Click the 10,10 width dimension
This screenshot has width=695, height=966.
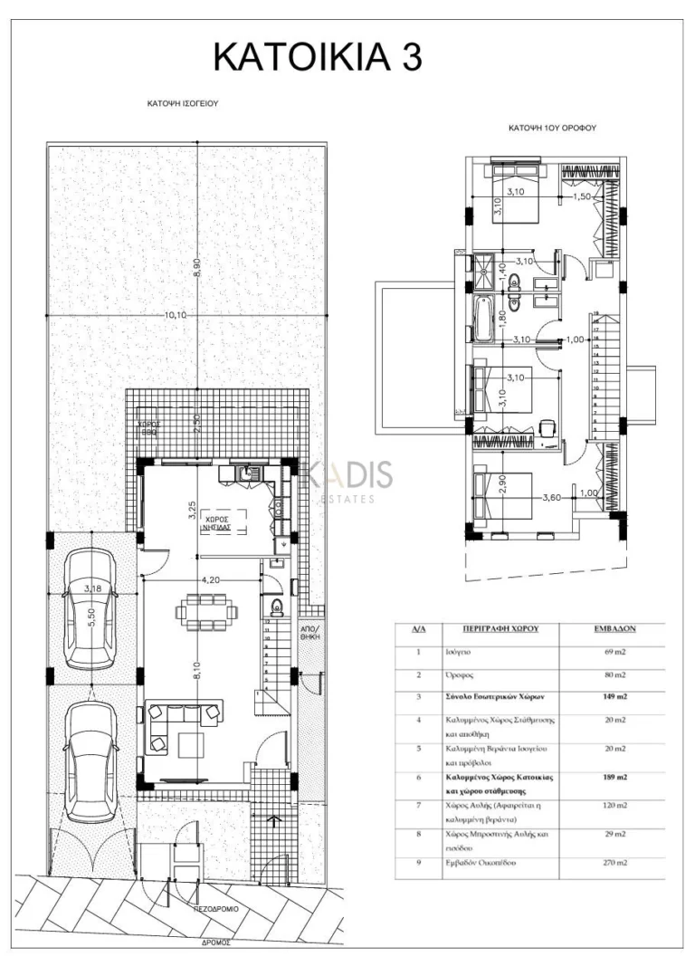[x=175, y=315]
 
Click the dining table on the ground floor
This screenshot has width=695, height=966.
[x=207, y=611]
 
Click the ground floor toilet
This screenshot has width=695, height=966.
[x=276, y=605]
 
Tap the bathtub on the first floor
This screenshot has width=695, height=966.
[x=481, y=322]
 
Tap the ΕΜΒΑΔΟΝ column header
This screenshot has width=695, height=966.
[x=613, y=627]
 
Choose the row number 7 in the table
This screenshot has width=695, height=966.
[x=418, y=805]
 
